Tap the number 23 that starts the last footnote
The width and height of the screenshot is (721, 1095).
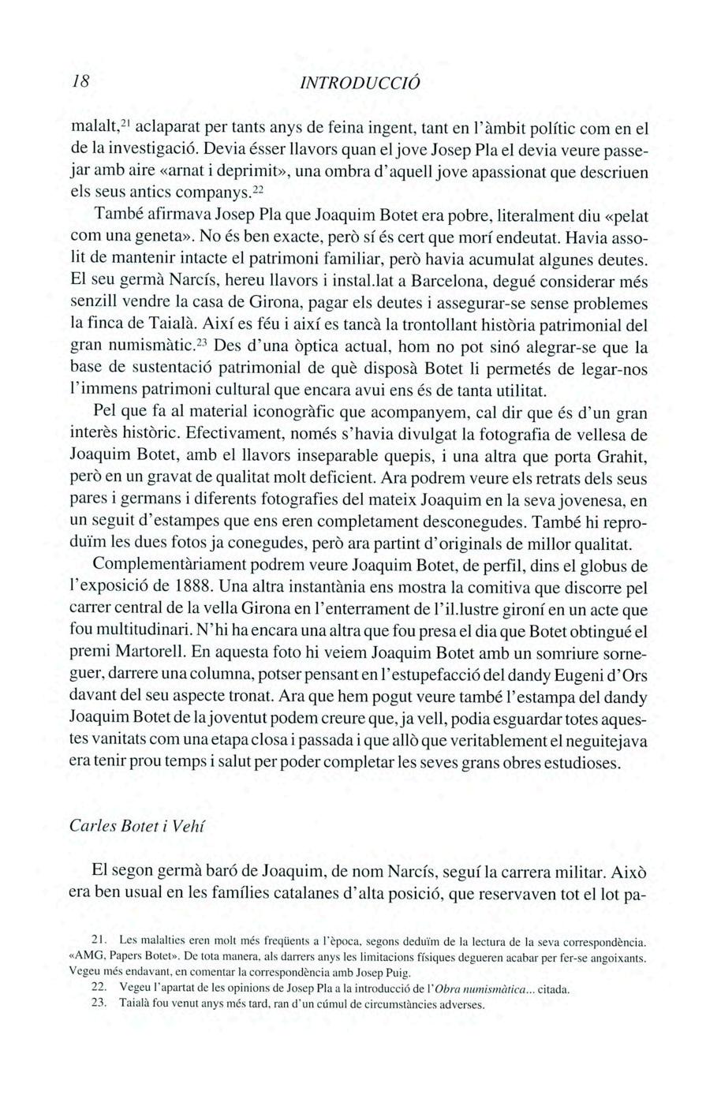click(x=99, y=1004)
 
